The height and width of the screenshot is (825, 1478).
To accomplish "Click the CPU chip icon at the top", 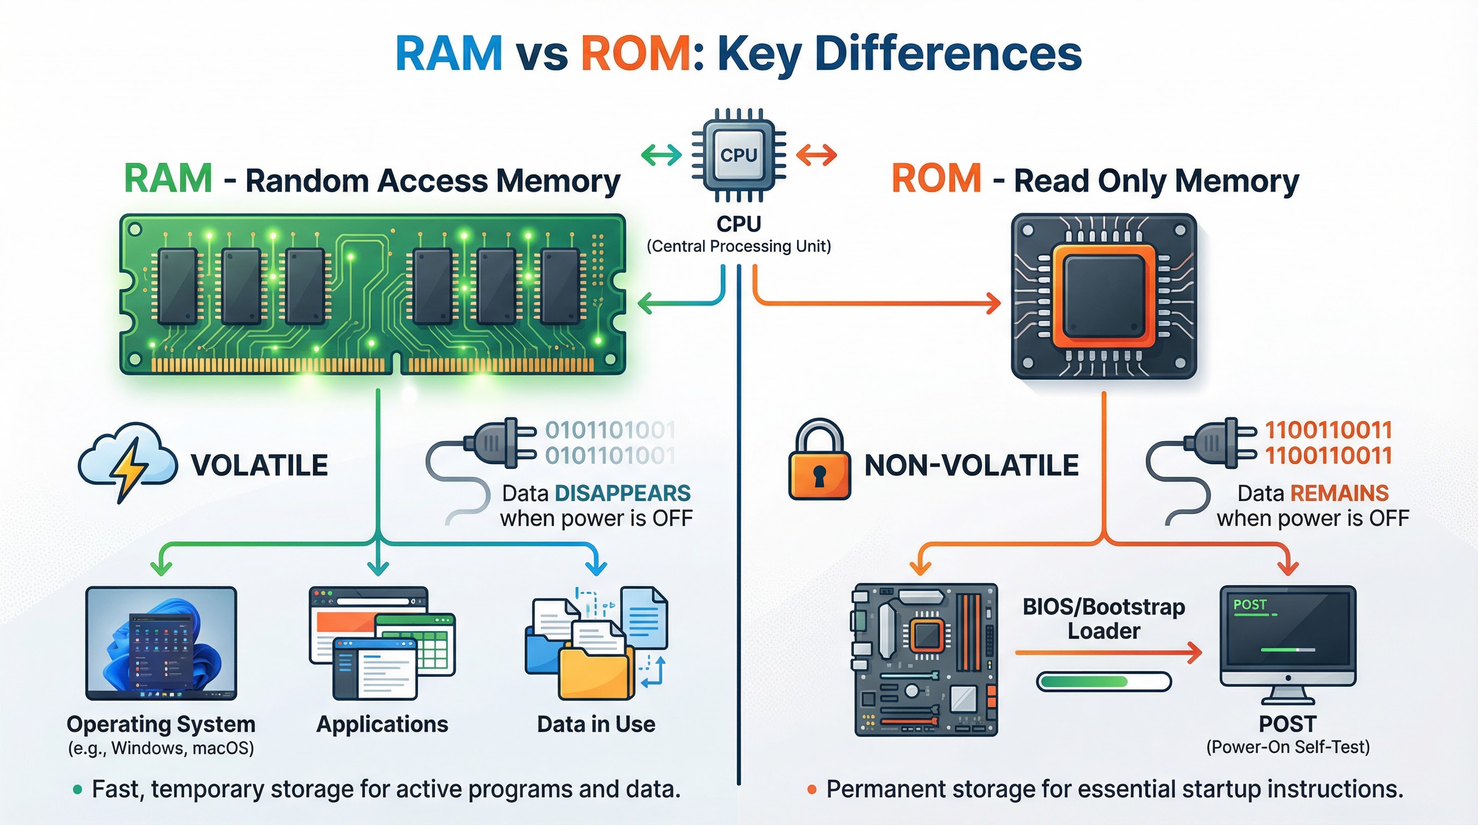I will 738,155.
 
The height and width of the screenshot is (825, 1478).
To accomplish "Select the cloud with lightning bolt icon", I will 127,462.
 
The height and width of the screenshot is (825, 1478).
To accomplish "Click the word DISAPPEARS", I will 622,494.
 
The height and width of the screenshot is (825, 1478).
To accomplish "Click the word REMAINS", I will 1339,494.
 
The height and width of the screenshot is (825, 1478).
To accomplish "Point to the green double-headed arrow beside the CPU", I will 661,154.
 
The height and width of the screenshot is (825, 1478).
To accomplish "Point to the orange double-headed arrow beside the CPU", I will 816,154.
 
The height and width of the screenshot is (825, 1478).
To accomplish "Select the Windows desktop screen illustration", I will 161,642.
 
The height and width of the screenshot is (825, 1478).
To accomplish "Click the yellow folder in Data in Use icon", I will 594,671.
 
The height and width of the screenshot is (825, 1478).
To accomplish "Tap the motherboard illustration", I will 925,660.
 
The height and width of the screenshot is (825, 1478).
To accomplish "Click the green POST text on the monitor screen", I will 1250,605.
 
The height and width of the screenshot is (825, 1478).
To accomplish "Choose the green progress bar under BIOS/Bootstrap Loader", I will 1084,682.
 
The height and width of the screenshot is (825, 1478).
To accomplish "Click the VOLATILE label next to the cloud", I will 259,465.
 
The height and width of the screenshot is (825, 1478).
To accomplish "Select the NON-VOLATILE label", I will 972,465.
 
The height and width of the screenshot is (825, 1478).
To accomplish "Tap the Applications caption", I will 382,724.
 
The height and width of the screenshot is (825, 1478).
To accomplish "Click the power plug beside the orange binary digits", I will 1219,443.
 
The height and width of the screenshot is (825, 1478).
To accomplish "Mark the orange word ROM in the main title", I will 636,53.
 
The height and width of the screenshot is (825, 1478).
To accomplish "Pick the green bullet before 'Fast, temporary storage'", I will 77,790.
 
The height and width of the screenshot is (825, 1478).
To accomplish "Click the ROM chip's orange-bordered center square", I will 1103,296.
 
